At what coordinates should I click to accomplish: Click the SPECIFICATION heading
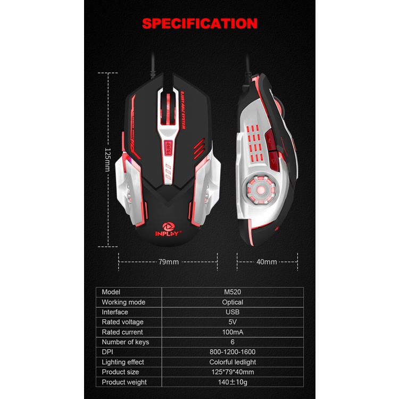click(x=199, y=23)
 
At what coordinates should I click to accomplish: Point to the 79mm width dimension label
click(x=169, y=262)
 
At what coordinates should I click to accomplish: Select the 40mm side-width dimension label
click(x=267, y=262)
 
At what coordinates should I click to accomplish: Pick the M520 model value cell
click(x=232, y=292)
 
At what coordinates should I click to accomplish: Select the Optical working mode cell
click(x=232, y=302)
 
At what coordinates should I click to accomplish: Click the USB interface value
click(x=232, y=312)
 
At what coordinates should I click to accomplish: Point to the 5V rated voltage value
click(x=232, y=322)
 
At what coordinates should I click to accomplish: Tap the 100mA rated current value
click(x=232, y=332)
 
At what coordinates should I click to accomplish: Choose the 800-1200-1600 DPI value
click(x=232, y=352)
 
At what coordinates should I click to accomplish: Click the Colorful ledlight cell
click(x=232, y=362)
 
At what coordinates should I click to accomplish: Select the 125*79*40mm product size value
click(x=232, y=372)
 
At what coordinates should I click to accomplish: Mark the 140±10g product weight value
click(x=232, y=382)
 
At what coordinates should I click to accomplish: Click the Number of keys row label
click(x=126, y=342)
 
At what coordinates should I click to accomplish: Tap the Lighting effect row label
click(x=123, y=362)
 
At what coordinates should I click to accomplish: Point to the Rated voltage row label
click(x=123, y=322)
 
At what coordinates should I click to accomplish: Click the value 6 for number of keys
click(x=232, y=342)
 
